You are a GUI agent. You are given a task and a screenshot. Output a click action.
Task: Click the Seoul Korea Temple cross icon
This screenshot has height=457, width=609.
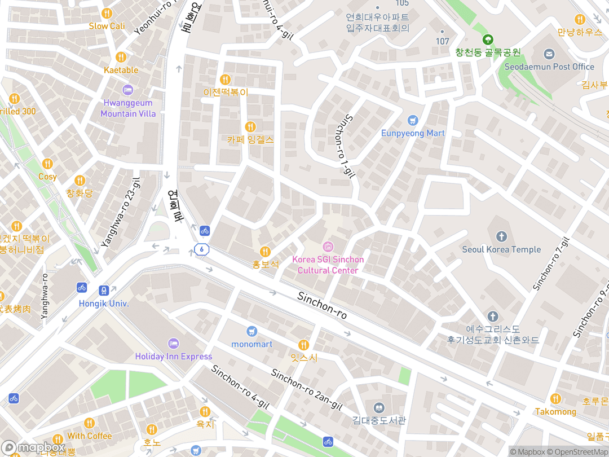tap(501, 236)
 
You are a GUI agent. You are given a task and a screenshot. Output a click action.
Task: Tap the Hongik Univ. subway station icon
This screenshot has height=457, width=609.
tap(104, 290)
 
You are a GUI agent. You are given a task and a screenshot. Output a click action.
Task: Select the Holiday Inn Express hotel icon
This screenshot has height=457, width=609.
tap(173, 343)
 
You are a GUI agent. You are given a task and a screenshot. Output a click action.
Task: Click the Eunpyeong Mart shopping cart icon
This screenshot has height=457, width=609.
tap(413, 120)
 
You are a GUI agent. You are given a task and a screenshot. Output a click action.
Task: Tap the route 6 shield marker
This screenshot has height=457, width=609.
tap(201, 249)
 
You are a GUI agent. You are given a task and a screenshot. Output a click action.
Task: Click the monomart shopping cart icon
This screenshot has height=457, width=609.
tap(251, 331)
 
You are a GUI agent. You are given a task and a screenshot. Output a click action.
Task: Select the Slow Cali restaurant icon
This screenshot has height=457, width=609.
tap(107, 14)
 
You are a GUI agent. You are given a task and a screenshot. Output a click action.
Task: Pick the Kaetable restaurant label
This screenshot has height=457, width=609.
tap(121, 70)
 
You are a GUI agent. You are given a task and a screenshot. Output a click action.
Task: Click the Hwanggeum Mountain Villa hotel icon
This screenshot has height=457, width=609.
tap(128, 90)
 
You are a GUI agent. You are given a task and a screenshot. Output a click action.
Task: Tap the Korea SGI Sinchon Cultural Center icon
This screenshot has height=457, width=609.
tap(328, 247)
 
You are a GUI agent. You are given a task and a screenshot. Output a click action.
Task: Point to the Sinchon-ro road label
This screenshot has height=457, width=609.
tap(322, 305)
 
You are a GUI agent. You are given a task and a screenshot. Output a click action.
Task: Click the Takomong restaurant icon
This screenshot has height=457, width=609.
tap(555, 399)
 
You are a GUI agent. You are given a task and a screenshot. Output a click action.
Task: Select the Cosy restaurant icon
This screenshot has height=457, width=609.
tap(47, 164)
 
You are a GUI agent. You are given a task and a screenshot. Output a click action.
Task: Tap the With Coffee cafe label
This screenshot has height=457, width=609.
tap(90, 436)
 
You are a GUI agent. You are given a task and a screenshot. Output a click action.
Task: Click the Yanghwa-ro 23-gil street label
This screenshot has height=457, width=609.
tap(120, 212)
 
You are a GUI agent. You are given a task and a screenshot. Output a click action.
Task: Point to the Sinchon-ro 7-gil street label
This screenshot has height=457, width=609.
tap(551, 264)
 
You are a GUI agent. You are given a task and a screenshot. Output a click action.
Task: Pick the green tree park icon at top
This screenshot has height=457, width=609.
tap(488, 39)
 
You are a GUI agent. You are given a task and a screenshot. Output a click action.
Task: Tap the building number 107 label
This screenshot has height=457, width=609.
tap(443, 41)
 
